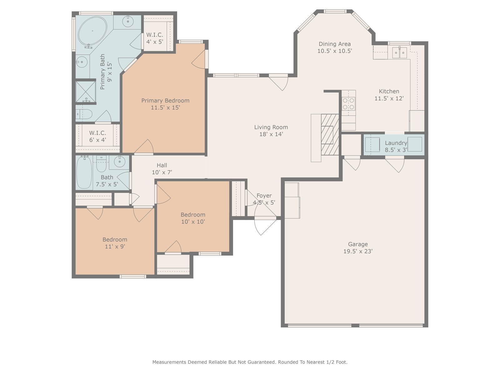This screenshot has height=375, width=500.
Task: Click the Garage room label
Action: [x=358, y=247]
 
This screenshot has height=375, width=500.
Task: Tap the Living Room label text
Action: [x=271, y=127]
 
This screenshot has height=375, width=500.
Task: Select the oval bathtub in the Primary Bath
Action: [x=92, y=31]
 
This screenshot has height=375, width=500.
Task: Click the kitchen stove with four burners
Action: [x=349, y=104]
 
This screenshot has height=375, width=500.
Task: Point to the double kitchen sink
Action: [x=400, y=52]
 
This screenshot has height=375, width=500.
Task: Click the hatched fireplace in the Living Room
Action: [x=330, y=135]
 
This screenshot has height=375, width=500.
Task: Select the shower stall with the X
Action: [x=85, y=91]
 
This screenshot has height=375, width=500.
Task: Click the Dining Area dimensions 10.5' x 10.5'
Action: [x=335, y=51]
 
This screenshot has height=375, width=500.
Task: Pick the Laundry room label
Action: [x=396, y=146]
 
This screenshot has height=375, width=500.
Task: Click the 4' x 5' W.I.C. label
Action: [x=155, y=38]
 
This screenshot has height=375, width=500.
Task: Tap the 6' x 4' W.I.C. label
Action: [x=97, y=136]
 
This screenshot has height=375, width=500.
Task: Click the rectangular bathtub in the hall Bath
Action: [x=84, y=172]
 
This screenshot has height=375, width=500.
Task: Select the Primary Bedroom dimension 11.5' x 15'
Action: [x=165, y=107]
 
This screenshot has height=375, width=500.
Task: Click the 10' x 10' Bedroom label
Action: [x=193, y=218]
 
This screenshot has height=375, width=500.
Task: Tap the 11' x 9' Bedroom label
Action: [x=115, y=243]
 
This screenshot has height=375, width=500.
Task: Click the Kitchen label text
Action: [x=389, y=91]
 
